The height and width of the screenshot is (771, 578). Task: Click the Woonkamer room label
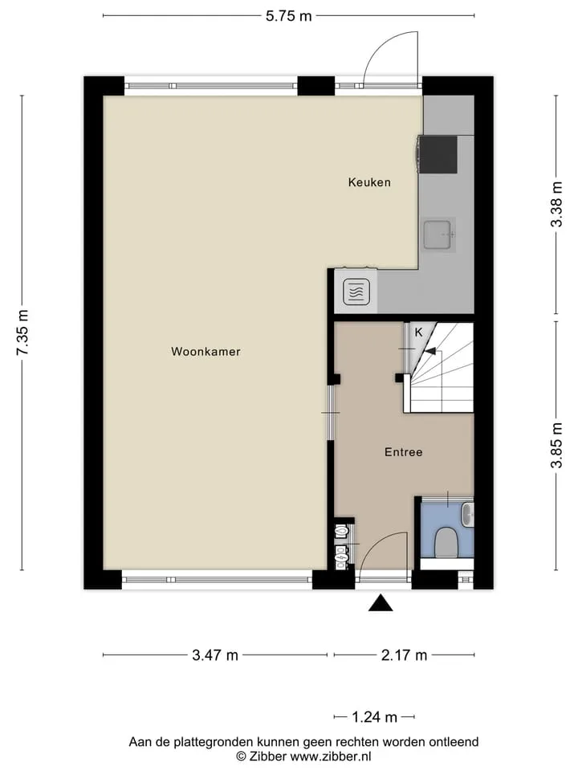pyautogui.click(x=206, y=352)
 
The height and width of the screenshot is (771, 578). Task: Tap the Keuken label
pyautogui.click(x=369, y=182)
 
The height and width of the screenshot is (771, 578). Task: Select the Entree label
pyautogui.click(x=404, y=452)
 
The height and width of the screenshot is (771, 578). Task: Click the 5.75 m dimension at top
pyautogui.click(x=289, y=16)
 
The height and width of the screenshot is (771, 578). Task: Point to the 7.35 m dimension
pyautogui.click(x=22, y=332)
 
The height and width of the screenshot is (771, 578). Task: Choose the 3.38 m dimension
pyautogui.click(x=556, y=204)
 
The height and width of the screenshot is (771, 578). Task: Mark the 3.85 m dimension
pyautogui.click(x=556, y=446)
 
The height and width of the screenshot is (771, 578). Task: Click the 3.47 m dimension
pyautogui.click(x=215, y=655)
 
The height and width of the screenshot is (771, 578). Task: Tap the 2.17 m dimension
pyautogui.click(x=404, y=655)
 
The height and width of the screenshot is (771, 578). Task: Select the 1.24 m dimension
pyautogui.click(x=374, y=717)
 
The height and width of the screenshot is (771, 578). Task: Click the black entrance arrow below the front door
pyautogui.click(x=381, y=603)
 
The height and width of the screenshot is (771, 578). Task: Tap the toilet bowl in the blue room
pyautogui.click(x=447, y=543)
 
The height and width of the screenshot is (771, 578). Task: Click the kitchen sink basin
pyautogui.click(x=438, y=235)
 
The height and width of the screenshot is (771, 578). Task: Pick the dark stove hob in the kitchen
pyautogui.click(x=437, y=154)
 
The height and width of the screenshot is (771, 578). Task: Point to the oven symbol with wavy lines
pyautogui.click(x=356, y=292)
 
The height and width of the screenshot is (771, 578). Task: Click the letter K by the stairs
pyautogui.click(x=418, y=332)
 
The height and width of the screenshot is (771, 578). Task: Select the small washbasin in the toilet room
pyautogui.click(x=467, y=515)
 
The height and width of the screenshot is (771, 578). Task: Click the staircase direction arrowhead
pyautogui.click(x=429, y=351)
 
